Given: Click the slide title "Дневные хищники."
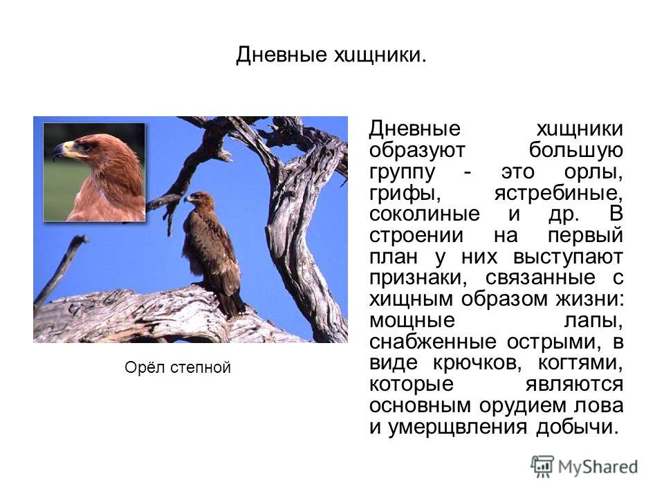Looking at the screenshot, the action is click(331, 55).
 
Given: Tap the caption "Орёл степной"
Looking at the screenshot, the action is click(178, 367).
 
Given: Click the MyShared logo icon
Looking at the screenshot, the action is click(542, 466).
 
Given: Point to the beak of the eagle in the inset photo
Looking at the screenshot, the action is click(59, 151).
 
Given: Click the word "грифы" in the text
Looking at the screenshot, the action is click(405, 194).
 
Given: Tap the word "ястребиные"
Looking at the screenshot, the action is click(559, 194).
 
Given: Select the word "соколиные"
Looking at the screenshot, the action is click(424, 214).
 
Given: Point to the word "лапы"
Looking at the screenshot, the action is click(593, 320).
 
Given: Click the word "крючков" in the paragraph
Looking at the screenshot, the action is click(481, 363).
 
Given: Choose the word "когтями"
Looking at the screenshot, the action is click(580, 363).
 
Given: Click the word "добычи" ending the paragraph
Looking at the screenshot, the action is click(578, 427).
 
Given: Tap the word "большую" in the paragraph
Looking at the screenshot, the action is click(576, 151).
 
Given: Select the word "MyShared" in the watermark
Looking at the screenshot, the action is click(598, 467).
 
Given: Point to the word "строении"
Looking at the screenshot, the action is click(416, 236).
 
